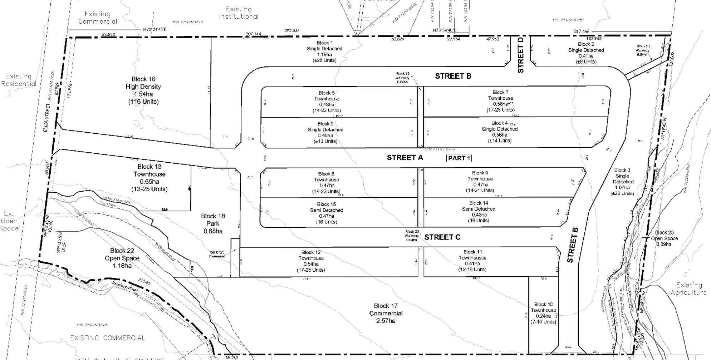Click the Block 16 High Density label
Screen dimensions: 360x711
click(x=143, y=90)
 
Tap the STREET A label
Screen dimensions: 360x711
click(x=405, y=158)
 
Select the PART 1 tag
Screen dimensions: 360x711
click(x=459, y=158)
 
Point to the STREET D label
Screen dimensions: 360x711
click(x=521, y=55)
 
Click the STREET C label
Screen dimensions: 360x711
click(x=442, y=237)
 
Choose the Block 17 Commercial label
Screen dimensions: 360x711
click(x=386, y=313)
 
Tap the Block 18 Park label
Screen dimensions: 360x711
click(x=213, y=223)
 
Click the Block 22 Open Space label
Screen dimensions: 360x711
click(x=122, y=258)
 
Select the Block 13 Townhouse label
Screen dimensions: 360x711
click(x=149, y=178)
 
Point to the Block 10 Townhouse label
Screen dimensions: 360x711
click(x=543, y=313)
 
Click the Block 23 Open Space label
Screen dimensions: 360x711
click(x=664, y=238)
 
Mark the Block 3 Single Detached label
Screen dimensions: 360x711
click(x=622, y=182)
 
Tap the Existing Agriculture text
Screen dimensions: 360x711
click(x=689, y=289)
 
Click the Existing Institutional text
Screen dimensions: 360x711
click(x=239, y=13)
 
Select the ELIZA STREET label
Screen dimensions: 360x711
click(x=46, y=118)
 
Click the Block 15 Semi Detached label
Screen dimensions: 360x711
click(x=326, y=213)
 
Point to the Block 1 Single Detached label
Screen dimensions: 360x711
click(x=324, y=51)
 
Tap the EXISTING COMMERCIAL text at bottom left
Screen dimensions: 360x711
click(x=107, y=338)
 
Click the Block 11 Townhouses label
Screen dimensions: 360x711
click(x=472, y=261)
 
